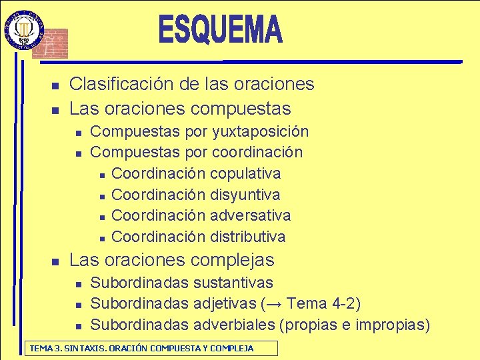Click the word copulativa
click(245, 173)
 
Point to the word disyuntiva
click(245, 195)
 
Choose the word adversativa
click(250, 215)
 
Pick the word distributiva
click(247, 237)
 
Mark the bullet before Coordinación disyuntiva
click(101, 196)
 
